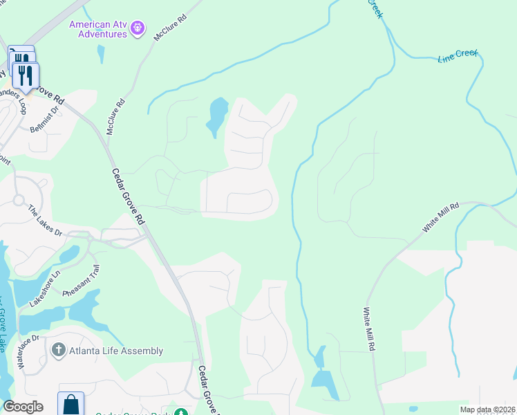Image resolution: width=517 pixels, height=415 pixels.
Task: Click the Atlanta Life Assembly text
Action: click(x=116, y=351)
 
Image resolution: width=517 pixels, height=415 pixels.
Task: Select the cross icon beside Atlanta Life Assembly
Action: click(x=59, y=350)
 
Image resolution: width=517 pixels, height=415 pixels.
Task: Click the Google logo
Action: click(x=23, y=407)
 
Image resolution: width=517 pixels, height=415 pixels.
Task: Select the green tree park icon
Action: click(x=181, y=414)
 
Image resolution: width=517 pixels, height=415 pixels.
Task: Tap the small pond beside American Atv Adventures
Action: click(x=102, y=53)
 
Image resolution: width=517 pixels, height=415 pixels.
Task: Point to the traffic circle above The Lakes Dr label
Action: click(x=19, y=201)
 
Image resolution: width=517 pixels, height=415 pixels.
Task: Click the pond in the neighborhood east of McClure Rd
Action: click(x=216, y=115)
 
